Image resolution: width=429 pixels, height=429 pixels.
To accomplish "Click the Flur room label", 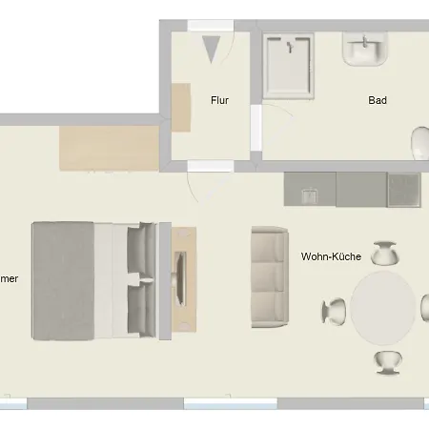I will point(220,99).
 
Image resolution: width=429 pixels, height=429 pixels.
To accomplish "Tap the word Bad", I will point(377,99).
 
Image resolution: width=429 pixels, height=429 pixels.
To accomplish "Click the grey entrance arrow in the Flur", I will point(212,48).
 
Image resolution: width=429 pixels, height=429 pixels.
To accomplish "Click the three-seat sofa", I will point(269,276).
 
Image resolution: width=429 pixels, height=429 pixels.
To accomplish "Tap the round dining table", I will point(384,307).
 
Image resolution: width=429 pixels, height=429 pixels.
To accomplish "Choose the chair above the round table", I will point(385,254).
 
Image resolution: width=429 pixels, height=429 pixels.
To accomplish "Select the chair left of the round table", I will point(335,310).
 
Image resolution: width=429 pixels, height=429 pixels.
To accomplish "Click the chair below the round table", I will point(386,361).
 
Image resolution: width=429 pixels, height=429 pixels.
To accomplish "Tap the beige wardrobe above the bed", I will point(109,147).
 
